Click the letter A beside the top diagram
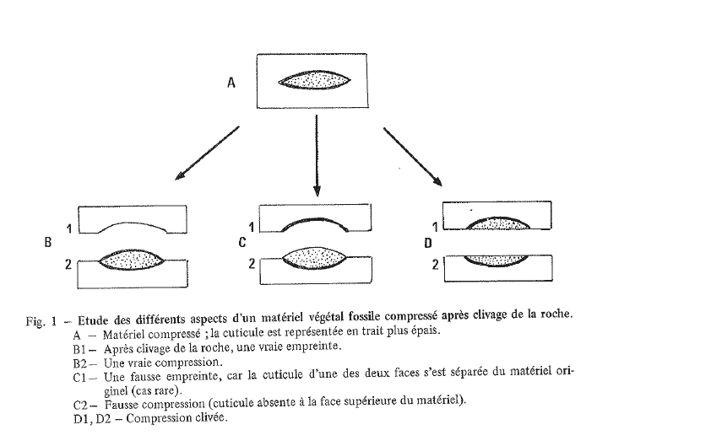[x=231, y=83]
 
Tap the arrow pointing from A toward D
[x=413, y=155]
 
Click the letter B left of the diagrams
[x=48, y=243]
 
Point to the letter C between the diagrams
[x=242, y=243]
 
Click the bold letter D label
[x=428, y=243]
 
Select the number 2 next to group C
[x=252, y=263]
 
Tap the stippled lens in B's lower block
[x=132, y=261]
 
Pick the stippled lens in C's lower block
[x=314, y=260]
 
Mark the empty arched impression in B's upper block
[x=133, y=227]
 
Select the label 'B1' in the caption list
[x=82, y=347]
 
